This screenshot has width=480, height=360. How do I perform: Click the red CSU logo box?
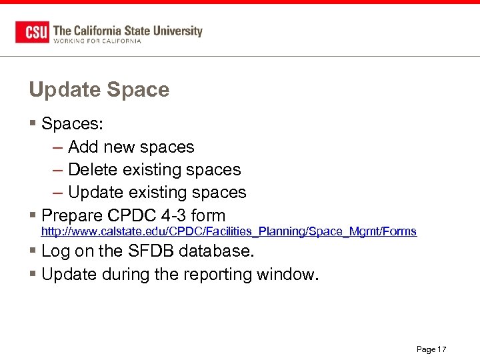pyautogui.click(x=32, y=31)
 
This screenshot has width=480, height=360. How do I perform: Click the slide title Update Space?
pyautogui.click(x=99, y=90)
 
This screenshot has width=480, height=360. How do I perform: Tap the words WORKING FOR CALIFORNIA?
pyautogui.click(x=97, y=41)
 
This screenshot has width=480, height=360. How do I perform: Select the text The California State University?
pyautogui.click(x=127, y=30)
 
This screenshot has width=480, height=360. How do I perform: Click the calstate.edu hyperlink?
pyautogui.click(x=229, y=231)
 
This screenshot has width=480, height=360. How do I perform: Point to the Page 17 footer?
pyautogui.click(x=431, y=349)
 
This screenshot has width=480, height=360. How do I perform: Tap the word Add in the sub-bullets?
pyautogui.click(x=83, y=147)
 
